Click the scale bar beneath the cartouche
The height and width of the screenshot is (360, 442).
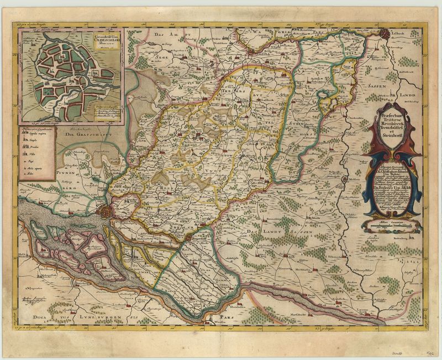pyautogui.click(x=392, y=225)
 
